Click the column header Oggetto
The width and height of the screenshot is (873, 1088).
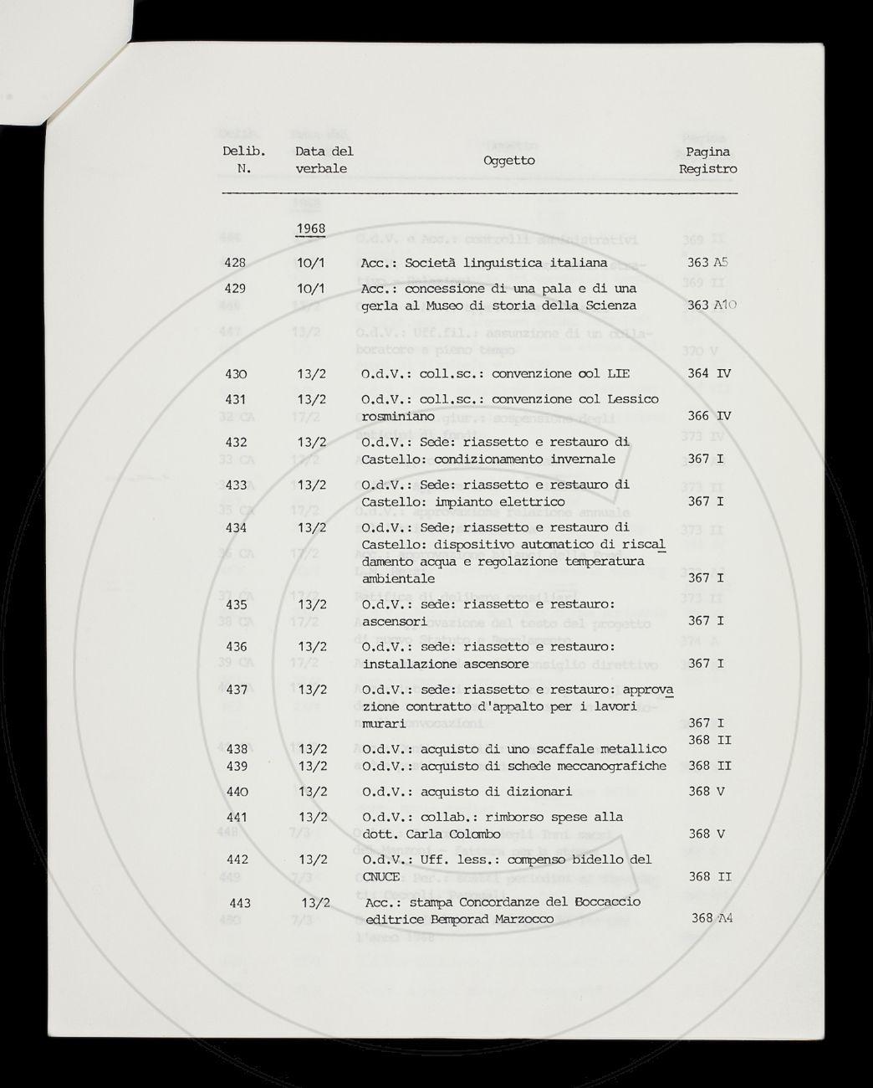[508, 160]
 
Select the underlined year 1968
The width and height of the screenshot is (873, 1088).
[310, 228]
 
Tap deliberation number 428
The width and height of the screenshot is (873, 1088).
[235, 263]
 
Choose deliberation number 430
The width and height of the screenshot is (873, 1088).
[235, 374]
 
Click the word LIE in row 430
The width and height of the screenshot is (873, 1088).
[617, 374]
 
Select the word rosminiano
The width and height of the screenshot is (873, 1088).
[397, 416]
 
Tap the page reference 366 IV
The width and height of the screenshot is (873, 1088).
[709, 416]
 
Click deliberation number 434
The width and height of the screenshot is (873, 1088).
[235, 527]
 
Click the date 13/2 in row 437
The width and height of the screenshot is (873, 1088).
[312, 690]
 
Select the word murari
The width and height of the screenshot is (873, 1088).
[383, 723]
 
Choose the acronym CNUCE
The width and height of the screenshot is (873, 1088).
[381, 876]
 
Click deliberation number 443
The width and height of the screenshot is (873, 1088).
[239, 903]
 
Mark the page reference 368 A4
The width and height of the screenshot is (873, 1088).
[712, 918]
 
